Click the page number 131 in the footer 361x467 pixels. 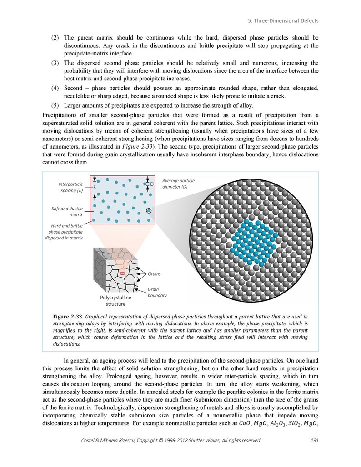point(314,440)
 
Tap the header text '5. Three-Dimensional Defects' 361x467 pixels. point(283,20)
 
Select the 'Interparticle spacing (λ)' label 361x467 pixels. point(70,187)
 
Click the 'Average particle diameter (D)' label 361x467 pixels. point(178,184)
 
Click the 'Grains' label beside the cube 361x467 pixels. point(154,274)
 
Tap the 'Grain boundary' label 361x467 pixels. point(157,292)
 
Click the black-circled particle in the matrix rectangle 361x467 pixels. point(149,211)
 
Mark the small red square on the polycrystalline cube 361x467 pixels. point(122,273)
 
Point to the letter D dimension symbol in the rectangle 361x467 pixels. point(152,184)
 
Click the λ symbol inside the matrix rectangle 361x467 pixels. point(94,187)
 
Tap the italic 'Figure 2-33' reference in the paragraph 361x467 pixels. point(137,146)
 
